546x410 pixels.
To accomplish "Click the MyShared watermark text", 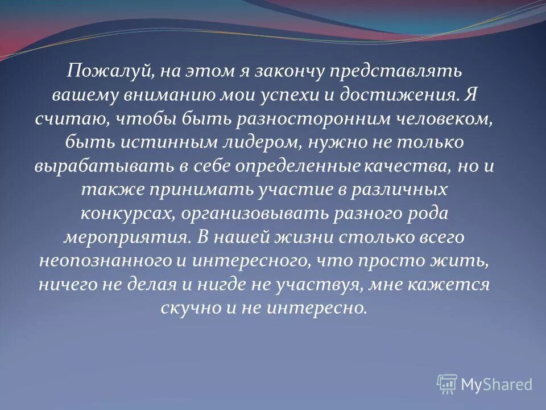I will tap(496, 384).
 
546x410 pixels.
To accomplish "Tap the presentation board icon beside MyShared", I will tap(447, 384).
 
